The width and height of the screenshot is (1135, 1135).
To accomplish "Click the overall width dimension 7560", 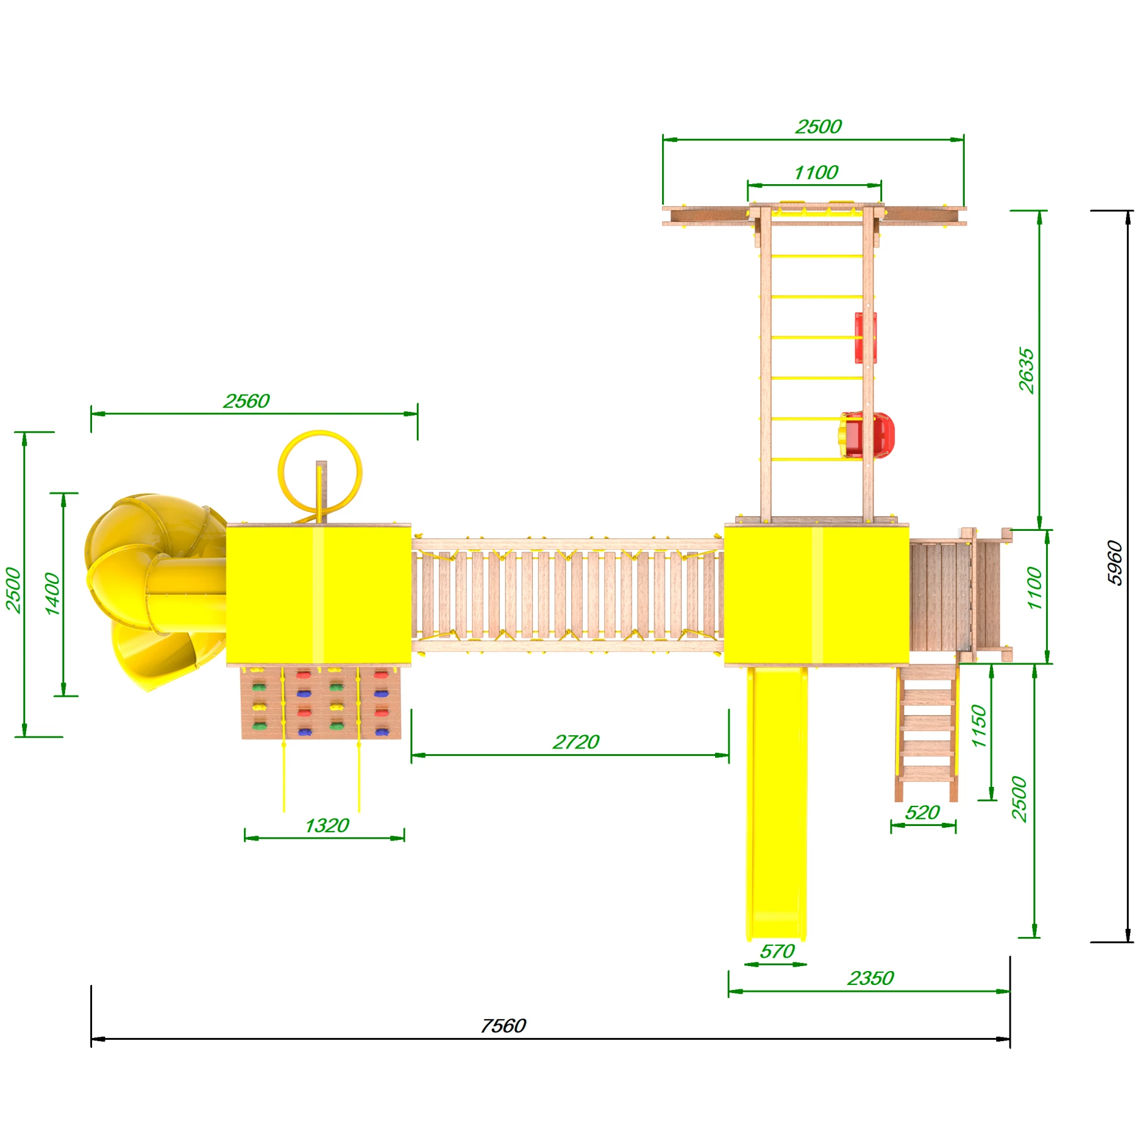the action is click(x=503, y=1026).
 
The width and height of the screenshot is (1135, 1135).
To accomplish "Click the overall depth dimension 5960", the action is click(x=1115, y=563).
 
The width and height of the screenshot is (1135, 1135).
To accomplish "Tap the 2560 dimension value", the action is click(x=247, y=401).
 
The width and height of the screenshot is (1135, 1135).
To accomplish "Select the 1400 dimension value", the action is click(x=52, y=593).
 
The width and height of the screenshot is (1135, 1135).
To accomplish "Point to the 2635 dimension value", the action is click(x=1027, y=370).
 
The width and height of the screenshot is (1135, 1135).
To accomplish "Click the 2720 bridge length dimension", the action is click(x=576, y=742).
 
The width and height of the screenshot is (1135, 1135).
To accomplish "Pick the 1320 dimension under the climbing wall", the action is click(x=327, y=826).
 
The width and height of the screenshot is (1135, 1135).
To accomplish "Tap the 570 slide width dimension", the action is click(x=777, y=952).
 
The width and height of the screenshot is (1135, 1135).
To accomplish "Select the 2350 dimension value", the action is click(x=870, y=979).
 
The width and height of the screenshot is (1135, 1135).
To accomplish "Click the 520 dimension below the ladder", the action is click(x=923, y=813).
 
